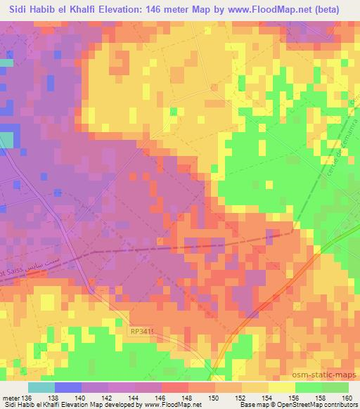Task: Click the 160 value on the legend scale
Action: coord(348,398)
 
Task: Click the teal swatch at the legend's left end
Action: coord(41,387)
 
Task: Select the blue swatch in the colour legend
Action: coord(68,387)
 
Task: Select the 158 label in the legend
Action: coord(321,398)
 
